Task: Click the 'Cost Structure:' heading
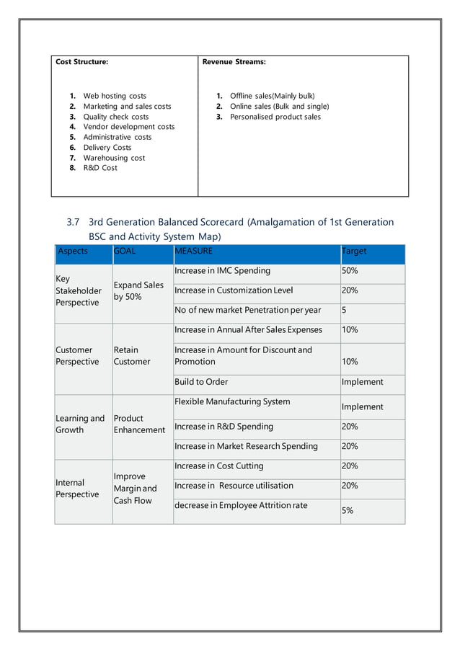(82, 62)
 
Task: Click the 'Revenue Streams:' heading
(234, 62)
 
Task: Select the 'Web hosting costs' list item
(115, 96)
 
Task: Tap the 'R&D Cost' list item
(100, 168)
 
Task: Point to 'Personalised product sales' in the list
(275, 117)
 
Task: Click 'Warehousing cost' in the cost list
(114, 158)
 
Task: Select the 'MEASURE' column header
(194, 251)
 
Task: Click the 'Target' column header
(354, 251)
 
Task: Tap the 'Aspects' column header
(73, 251)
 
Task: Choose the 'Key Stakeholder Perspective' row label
(79, 290)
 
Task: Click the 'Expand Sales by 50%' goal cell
(138, 290)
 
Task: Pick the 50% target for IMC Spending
(350, 271)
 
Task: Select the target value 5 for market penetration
(345, 311)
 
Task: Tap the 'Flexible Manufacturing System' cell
(232, 401)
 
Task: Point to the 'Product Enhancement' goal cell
(138, 424)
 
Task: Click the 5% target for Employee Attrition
(348, 510)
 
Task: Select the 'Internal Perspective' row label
(77, 489)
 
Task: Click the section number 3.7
(74, 222)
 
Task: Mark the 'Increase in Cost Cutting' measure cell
(219, 466)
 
